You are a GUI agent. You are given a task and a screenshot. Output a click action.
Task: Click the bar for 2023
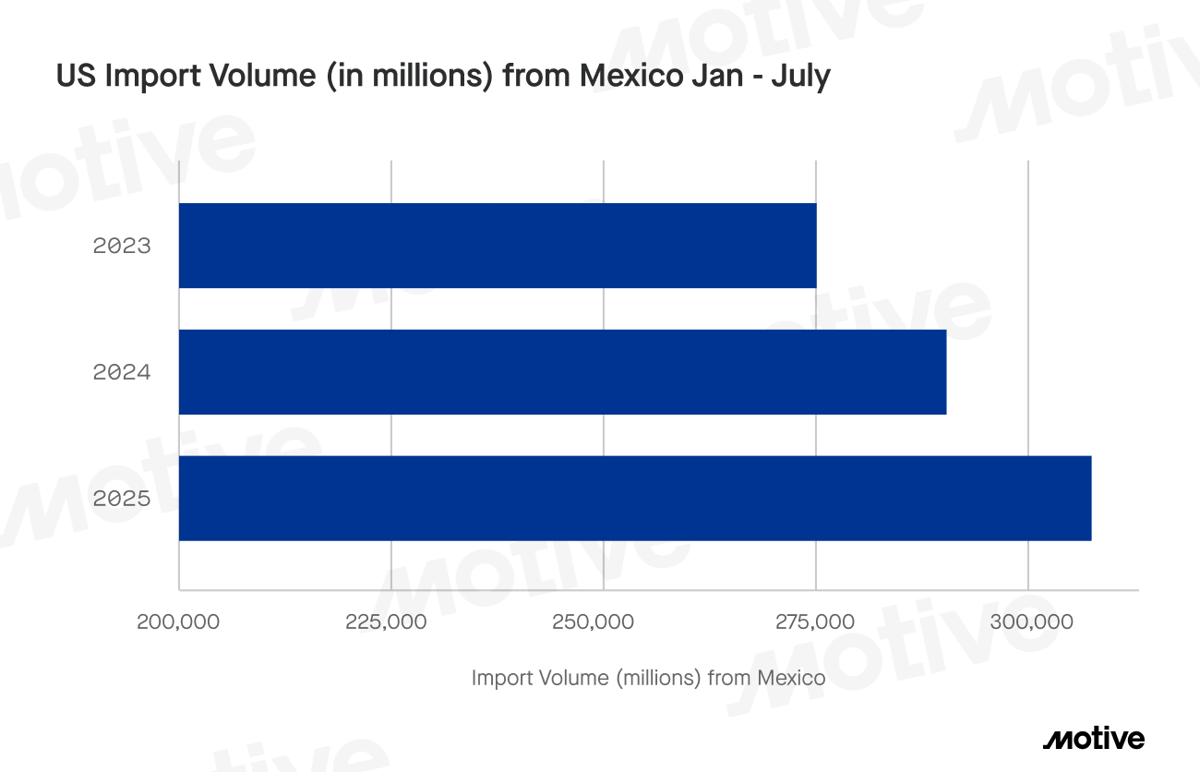coord(497,246)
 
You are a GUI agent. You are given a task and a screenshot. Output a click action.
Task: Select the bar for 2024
coord(562,372)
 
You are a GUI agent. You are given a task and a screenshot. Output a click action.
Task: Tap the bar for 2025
coord(634,498)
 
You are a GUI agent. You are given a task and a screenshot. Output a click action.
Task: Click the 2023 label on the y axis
coord(121,247)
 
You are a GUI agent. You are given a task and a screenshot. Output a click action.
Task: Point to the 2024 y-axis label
coord(121,373)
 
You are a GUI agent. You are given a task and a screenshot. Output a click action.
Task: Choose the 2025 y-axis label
coord(121,499)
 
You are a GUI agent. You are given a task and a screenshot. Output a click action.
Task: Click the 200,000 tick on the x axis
coord(178,621)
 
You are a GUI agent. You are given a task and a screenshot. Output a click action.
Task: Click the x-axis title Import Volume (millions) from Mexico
coord(648,679)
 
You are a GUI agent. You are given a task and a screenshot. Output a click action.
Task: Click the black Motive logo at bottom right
coord(1093,739)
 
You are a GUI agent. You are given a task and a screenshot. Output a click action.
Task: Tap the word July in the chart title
coord(802,77)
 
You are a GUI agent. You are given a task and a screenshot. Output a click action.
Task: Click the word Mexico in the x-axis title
coord(791,679)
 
